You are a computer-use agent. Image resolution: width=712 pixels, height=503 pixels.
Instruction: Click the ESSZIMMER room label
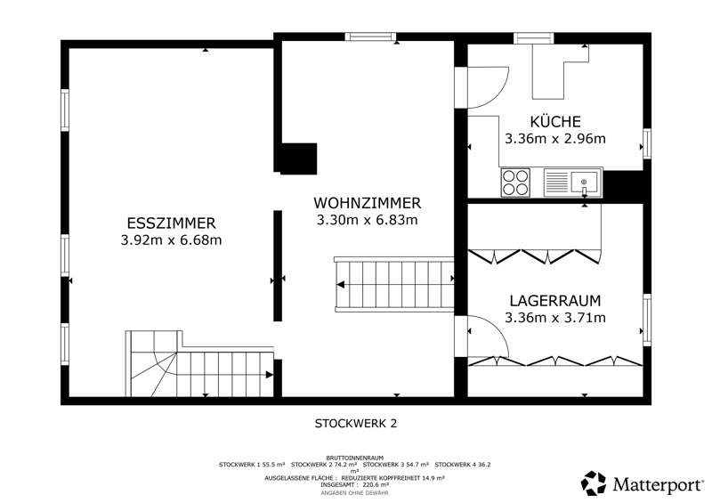pyautogui.click(x=171, y=223)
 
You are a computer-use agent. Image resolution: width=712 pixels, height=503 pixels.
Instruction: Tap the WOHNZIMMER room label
pyautogui.click(x=368, y=203)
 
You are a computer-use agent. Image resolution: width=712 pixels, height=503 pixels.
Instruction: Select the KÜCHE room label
pyautogui.click(x=555, y=121)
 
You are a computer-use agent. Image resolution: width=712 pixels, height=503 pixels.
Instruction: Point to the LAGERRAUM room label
pyautogui.click(x=555, y=301)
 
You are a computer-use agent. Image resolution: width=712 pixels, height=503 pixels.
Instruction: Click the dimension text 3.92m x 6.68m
pyautogui.click(x=171, y=239)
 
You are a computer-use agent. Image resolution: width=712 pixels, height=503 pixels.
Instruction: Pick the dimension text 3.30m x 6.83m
pyautogui.click(x=368, y=220)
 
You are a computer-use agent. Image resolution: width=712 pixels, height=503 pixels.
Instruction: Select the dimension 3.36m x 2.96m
pyautogui.click(x=555, y=139)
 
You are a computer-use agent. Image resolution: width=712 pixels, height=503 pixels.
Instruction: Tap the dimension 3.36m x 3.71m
pyautogui.click(x=555, y=318)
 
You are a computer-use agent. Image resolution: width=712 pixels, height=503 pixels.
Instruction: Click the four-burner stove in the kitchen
pyautogui.click(x=515, y=183)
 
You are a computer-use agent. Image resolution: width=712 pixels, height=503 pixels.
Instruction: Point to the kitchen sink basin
pyautogui.click(x=585, y=182)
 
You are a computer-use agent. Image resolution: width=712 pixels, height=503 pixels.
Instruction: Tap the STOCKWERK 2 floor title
pyautogui.click(x=356, y=424)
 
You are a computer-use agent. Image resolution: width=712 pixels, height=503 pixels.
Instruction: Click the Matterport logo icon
pyautogui.click(x=594, y=483)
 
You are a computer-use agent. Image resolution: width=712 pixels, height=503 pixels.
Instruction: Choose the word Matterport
pyautogui.click(x=658, y=484)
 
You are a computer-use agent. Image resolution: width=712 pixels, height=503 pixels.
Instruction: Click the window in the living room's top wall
pyautogui.click(x=370, y=37)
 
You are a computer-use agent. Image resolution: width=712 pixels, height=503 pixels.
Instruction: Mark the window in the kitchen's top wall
pyautogui.click(x=533, y=38)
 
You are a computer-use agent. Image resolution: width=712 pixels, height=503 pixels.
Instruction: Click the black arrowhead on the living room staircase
pyautogui.click(x=340, y=285)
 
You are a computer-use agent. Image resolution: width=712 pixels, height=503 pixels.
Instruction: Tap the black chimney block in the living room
pyautogui.click(x=298, y=158)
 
